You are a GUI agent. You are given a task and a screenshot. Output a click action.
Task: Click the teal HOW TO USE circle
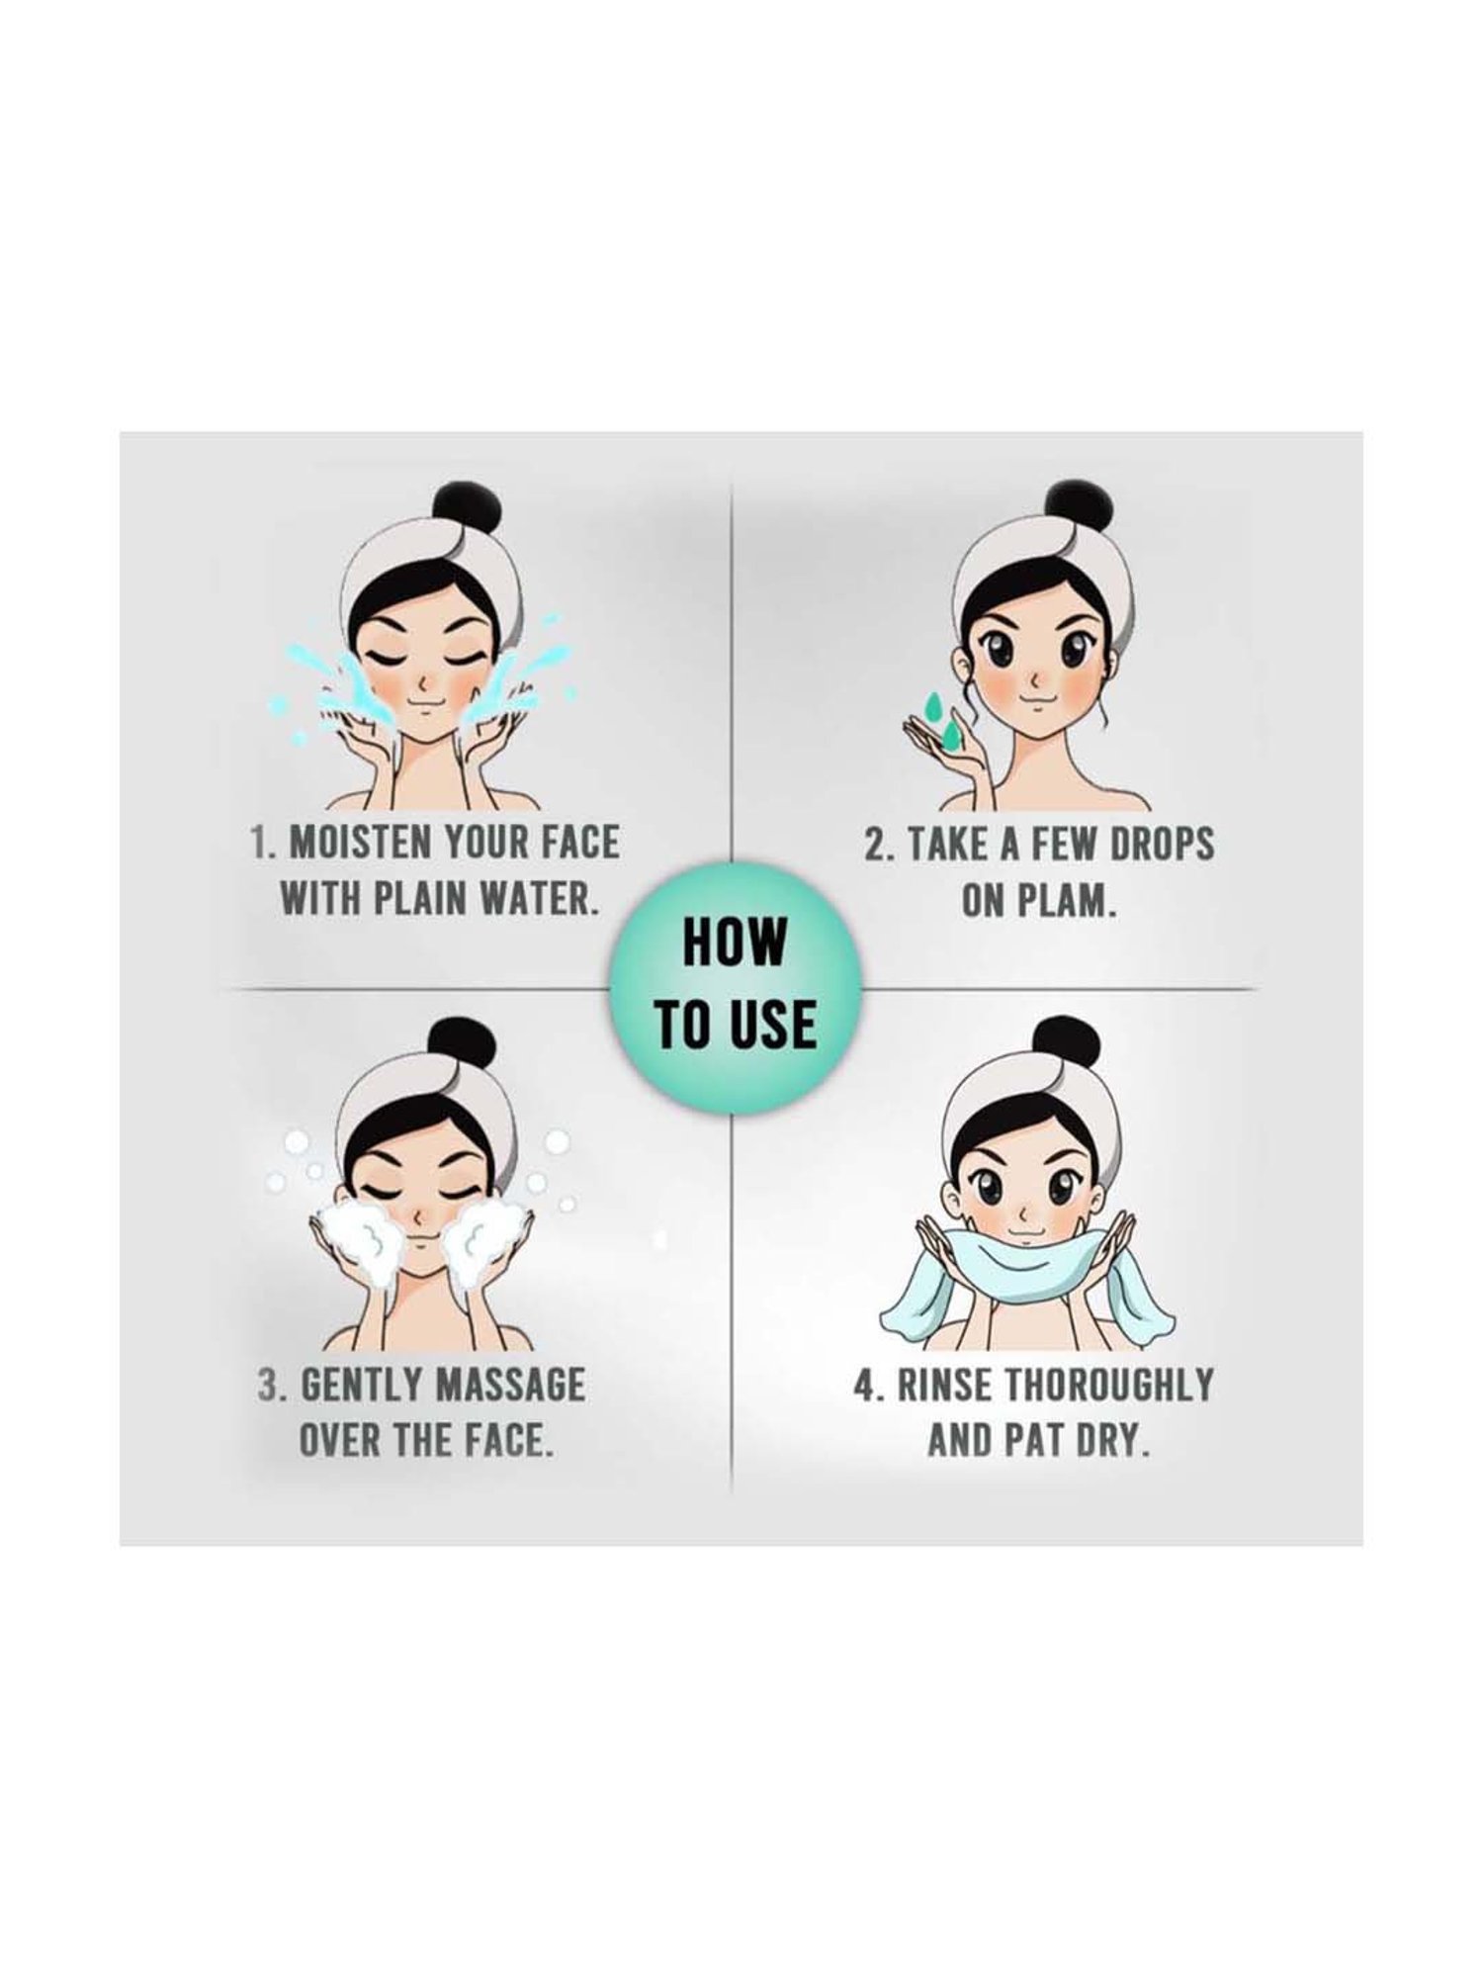click(x=737, y=990)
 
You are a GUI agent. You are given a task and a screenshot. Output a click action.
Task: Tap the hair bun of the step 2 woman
click(x=1064, y=508)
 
